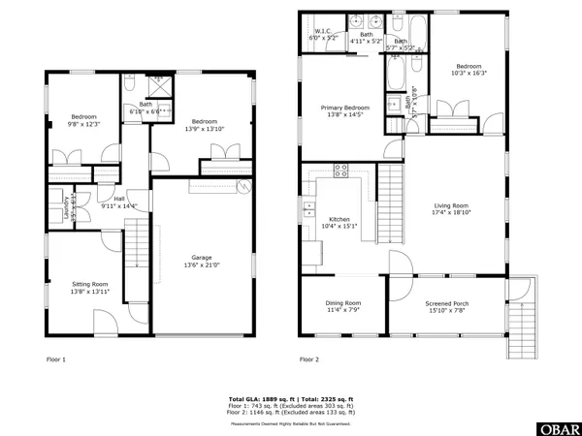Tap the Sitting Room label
point(81,284)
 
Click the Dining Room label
point(342,303)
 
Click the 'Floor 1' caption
point(57,359)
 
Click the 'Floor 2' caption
point(308,359)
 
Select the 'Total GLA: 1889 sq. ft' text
point(260,398)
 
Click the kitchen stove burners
point(340,171)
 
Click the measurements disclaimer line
point(290,423)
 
